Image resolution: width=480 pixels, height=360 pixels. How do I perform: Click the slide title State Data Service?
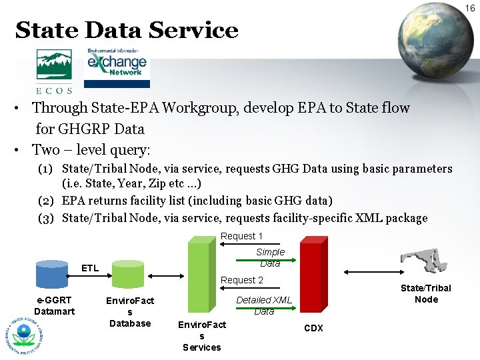click(x=126, y=31)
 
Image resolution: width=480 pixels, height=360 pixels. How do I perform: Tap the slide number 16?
click(x=470, y=8)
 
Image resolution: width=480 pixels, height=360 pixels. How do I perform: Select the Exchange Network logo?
click(x=117, y=67)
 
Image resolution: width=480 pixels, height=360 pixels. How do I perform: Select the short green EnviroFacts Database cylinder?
click(x=128, y=274)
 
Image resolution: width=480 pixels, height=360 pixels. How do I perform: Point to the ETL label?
click(x=90, y=268)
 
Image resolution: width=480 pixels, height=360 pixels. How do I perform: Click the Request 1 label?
click(x=241, y=236)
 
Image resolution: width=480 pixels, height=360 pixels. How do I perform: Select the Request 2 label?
click(x=241, y=280)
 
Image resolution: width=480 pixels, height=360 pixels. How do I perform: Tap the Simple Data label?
click(x=270, y=257)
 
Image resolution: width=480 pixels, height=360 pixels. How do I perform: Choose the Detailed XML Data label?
click(x=264, y=305)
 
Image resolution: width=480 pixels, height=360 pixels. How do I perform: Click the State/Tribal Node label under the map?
click(x=426, y=293)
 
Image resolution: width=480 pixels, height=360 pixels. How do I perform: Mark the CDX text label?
click(x=313, y=328)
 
